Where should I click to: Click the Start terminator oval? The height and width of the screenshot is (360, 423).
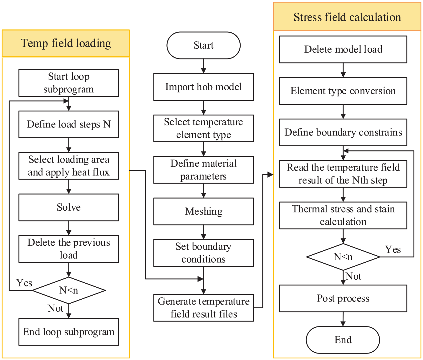[x=203, y=45]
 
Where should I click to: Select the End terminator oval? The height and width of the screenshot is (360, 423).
[x=343, y=340]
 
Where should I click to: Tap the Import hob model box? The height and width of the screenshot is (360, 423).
[x=203, y=87]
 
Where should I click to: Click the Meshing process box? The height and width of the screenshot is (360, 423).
[x=203, y=211]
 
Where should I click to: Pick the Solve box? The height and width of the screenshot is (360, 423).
[x=69, y=207]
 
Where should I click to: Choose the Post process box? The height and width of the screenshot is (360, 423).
[x=343, y=298]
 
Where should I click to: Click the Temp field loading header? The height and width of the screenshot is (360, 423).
[x=66, y=43]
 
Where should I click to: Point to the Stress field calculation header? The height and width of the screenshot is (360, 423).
[x=347, y=17]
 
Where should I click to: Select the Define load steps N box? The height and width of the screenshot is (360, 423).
[x=69, y=124]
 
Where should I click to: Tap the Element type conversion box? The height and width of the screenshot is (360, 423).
[x=343, y=91]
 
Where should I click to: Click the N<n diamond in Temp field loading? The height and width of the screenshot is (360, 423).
[x=69, y=290]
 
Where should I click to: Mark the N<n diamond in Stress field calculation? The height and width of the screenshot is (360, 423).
[x=343, y=257]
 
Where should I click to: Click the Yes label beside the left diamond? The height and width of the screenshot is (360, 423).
[x=24, y=283]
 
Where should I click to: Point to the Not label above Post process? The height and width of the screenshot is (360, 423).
[x=353, y=276]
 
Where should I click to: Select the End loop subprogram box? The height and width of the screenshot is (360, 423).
[x=69, y=332]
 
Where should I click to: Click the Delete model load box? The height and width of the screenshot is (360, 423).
[x=343, y=49]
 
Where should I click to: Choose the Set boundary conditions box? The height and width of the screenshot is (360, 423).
[x=203, y=253]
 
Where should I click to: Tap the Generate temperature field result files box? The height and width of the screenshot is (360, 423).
[x=203, y=308]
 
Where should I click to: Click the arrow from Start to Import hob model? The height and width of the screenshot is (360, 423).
[x=203, y=66]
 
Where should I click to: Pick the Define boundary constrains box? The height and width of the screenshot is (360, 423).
[x=343, y=132]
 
